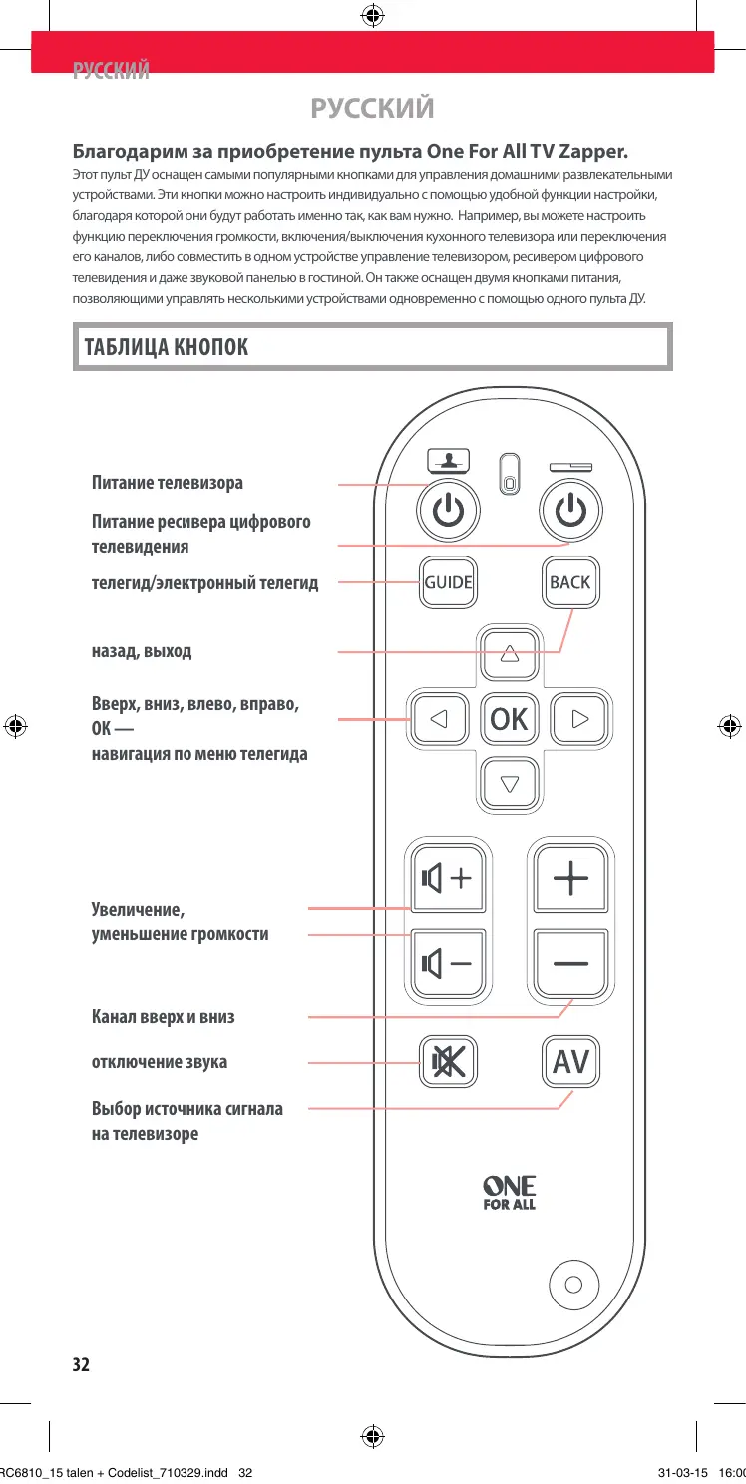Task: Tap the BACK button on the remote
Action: click(x=569, y=582)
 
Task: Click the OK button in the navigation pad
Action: click(x=510, y=719)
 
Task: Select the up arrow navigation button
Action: click(x=510, y=654)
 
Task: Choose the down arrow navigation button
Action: click(x=510, y=783)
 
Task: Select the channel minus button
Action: click(x=570, y=963)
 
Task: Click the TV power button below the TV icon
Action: click(x=448, y=512)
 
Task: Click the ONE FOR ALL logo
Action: click(x=510, y=1193)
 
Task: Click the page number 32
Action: click(x=81, y=1364)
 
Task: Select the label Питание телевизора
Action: click(x=168, y=483)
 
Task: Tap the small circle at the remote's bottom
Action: click(x=573, y=1284)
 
